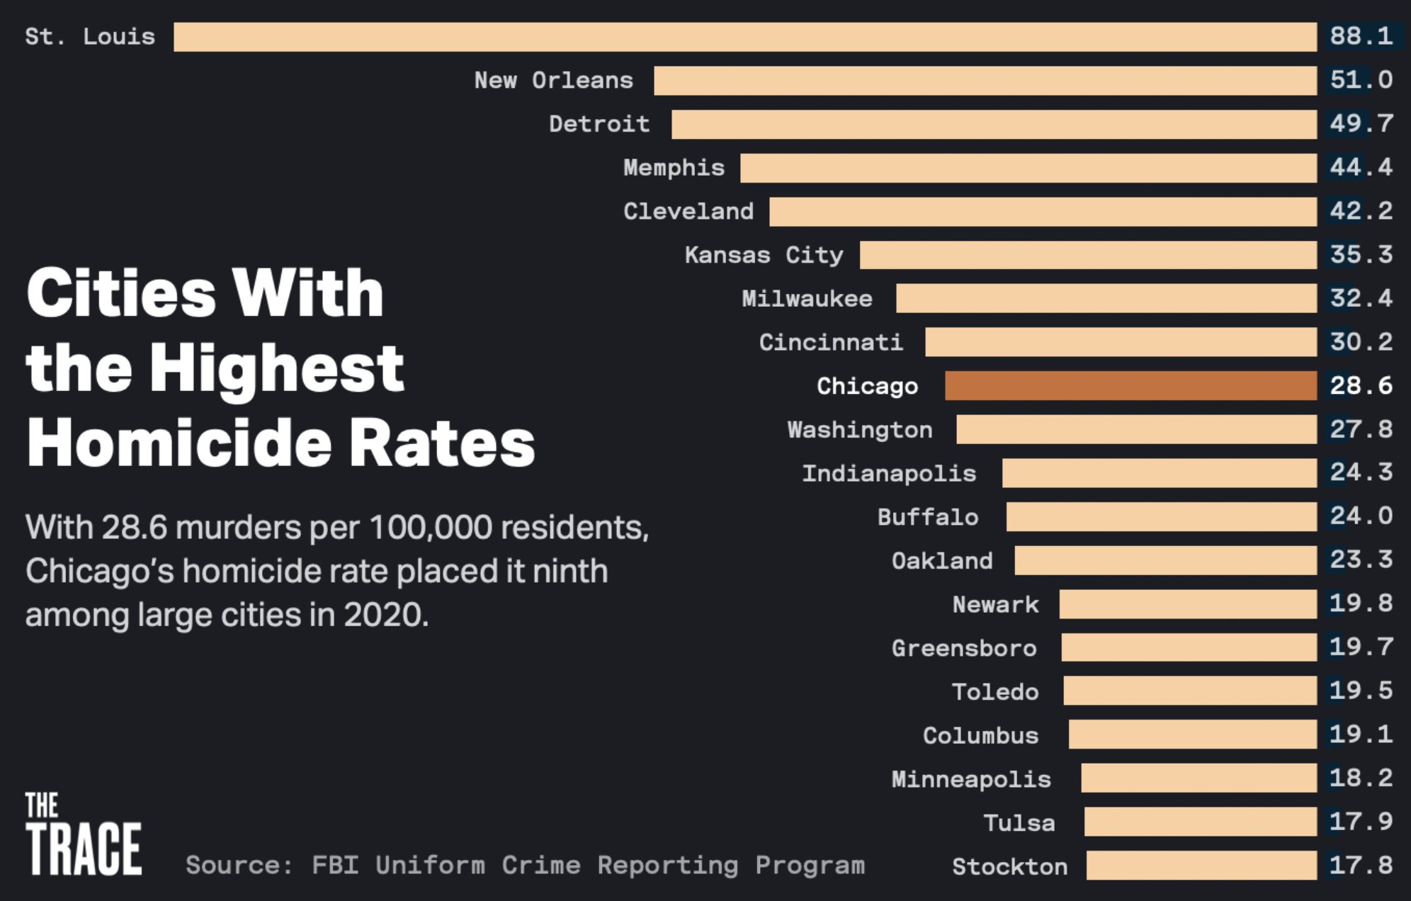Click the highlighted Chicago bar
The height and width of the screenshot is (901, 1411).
[x=1130, y=386]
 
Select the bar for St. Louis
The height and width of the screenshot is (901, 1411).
[x=745, y=37]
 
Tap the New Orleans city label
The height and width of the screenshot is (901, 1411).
[x=553, y=81]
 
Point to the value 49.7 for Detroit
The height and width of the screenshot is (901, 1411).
[x=1361, y=124]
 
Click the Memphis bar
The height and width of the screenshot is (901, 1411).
[x=1028, y=168]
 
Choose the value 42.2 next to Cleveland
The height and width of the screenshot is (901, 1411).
[x=1361, y=211]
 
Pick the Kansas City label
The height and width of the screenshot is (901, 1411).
[x=764, y=255]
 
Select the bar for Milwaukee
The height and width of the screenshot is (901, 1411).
[x=1106, y=298]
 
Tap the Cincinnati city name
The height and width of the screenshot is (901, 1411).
[x=831, y=343]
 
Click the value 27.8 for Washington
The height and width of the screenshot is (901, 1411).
[x=1361, y=429]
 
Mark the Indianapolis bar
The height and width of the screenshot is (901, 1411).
[x=1160, y=473]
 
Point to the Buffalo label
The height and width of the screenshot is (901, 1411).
[x=928, y=517]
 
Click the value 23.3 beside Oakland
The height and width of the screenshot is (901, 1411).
[x=1361, y=560]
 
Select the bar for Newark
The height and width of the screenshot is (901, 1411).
[x=1188, y=604]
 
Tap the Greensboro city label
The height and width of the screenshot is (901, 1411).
[x=964, y=648]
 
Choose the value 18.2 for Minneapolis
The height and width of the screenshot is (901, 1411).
[x=1361, y=778]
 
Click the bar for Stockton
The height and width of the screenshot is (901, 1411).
[x=1201, y=866]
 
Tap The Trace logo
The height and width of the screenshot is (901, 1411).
[x=83, y=834]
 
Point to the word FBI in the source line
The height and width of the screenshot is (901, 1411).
[x=334, y=866]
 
